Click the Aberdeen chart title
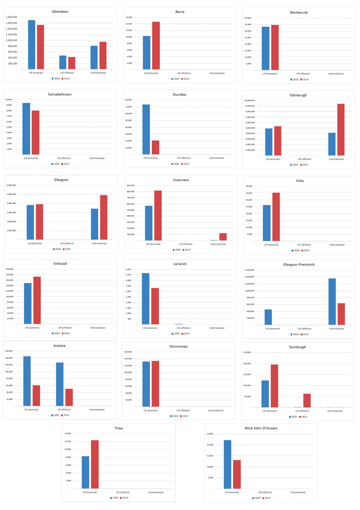click(x=60, y=11)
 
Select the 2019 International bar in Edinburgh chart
click(x=341, y=130)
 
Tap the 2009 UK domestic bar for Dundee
click(x=146, y=129)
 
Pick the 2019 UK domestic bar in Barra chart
click(x=156, y=46)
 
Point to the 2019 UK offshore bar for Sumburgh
click(x=307, y=400)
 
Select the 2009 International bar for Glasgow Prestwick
click(x=332, y=302)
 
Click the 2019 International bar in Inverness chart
click(x=223, y=237)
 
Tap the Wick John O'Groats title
click(x=261, y=428)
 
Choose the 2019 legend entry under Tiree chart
click(x=124, y=498)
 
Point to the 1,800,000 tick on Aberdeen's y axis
click(x=12, y=17)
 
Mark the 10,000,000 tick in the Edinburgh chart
click(x=249, y=101)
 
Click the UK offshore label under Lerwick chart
click(x=183, y=328)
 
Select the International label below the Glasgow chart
click(x=99, y=244)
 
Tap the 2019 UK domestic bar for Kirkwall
click(x=37, y=300)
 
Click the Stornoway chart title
click(x=179, y=346)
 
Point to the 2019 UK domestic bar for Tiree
click(x=95, y=464)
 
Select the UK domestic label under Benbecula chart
click(x=270, y=74)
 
